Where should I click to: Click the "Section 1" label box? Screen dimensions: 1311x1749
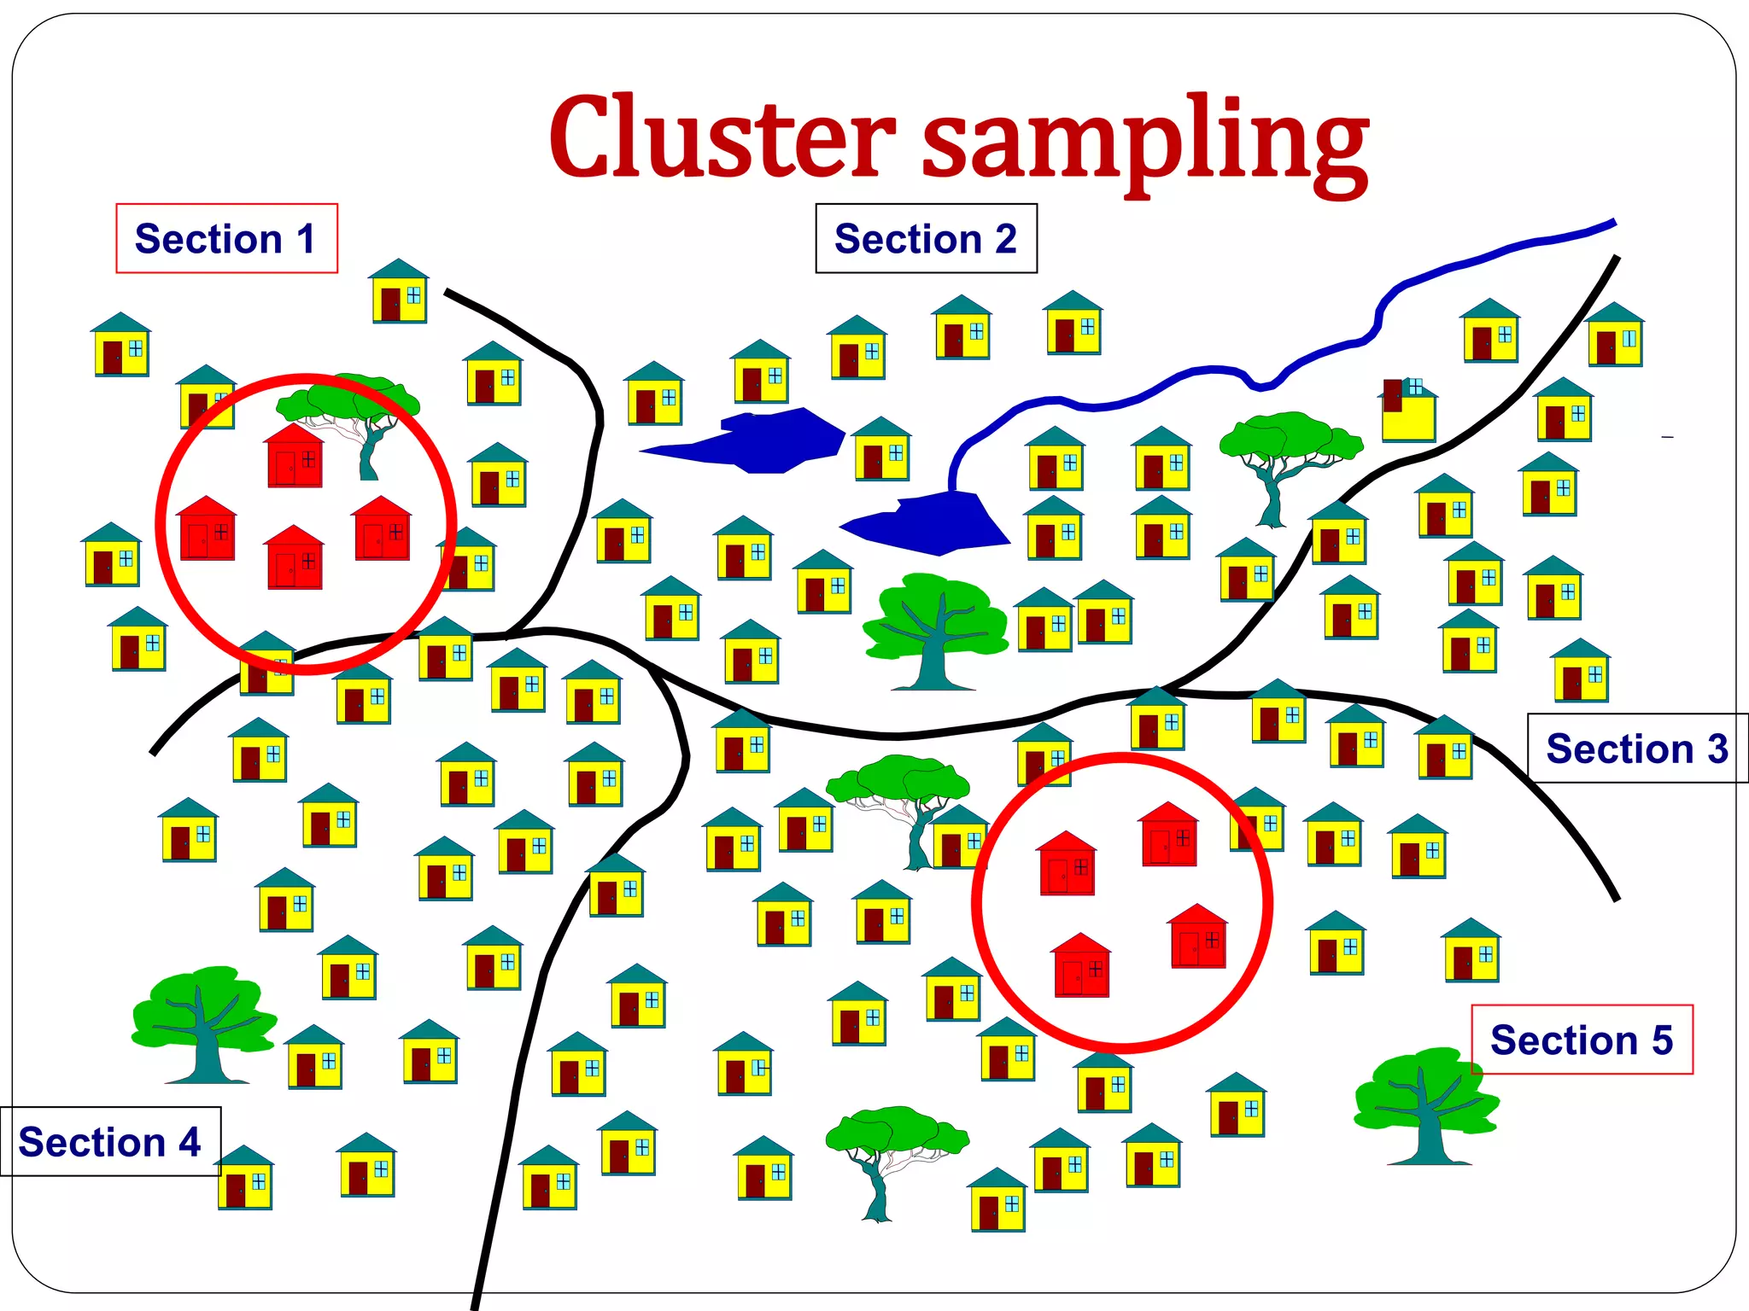coord(226,238)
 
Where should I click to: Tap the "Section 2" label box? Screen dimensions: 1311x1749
coord(926,238)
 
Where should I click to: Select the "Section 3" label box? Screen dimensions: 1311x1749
coord(1636,749)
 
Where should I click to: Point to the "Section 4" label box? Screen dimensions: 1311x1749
coord(110,1142)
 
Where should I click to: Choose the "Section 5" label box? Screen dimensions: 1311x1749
coord(1582,1040)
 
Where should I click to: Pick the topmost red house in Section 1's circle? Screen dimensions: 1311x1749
coord(295,456)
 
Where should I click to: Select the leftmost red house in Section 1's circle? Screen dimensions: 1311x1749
coord(207,528)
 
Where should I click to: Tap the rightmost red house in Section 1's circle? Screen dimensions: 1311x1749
coord(383,528)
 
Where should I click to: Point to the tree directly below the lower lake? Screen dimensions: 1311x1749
coord(935,627)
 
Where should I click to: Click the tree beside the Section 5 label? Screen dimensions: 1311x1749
coord(1424,1105)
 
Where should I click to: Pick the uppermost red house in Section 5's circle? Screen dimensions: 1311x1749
coord(1169,834)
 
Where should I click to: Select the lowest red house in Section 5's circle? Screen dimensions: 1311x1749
coord(1081,965)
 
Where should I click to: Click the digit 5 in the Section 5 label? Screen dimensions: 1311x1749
coord(1661,1040)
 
